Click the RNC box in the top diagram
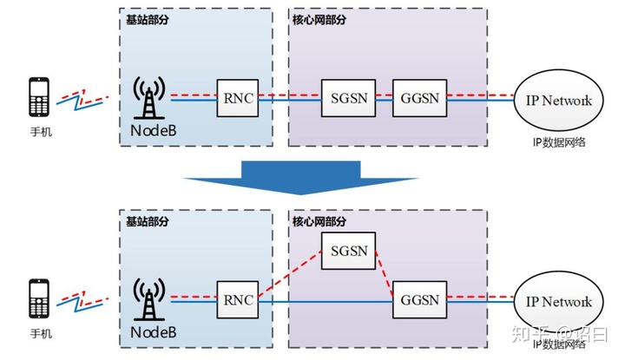click(237, 98)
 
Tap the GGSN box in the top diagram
click(420, 98)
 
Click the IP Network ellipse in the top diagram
click(558, 100)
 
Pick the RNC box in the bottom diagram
click(237, 301)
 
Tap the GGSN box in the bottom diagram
click(420, 301)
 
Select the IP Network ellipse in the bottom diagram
click(558, 302)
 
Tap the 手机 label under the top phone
click(40, 134)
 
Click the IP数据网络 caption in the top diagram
click(558, 141)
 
